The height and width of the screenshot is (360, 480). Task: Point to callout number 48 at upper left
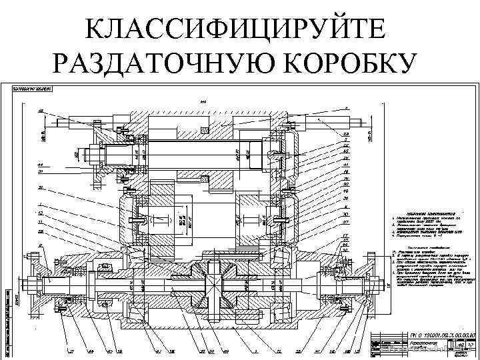(41, 110)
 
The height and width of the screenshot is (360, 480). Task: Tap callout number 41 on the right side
(347, 165)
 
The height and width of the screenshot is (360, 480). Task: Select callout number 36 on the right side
(347, 198)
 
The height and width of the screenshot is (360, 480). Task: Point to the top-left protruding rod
(67, 121)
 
